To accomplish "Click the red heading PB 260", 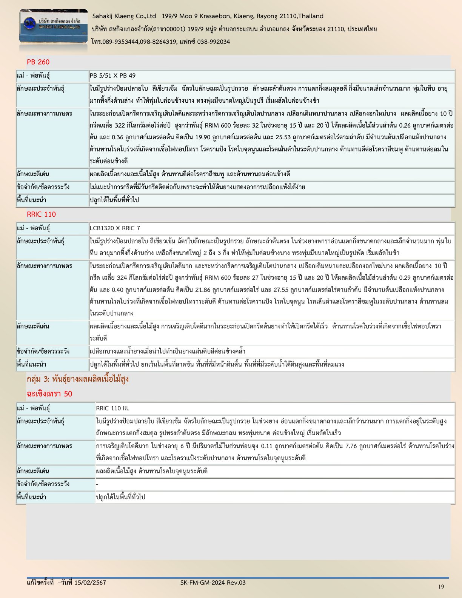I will tap(38, 62).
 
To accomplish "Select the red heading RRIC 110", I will tap(41, 214).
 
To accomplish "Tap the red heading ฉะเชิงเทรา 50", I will tap(49, 394).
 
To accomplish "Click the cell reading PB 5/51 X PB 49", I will tap(112, 76).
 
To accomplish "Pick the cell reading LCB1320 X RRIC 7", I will tap(115, 228).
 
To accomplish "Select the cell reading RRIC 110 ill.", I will tap(112, 408).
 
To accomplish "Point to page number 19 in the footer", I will tap(441, 586).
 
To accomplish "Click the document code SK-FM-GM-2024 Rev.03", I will tap(213, 583).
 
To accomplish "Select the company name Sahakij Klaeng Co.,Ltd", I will tap(124, 16).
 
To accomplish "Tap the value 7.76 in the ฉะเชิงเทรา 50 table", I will tap(352, 446).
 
